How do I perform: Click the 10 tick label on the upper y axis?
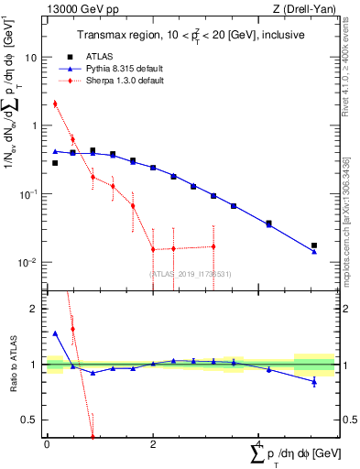30,57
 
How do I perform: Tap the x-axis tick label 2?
153,443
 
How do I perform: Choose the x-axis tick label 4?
258,443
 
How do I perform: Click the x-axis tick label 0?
47,443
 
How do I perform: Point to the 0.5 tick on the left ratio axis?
29,420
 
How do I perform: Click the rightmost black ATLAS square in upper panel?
314,245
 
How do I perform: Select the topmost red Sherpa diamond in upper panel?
55,104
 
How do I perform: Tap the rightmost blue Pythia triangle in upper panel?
314,251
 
